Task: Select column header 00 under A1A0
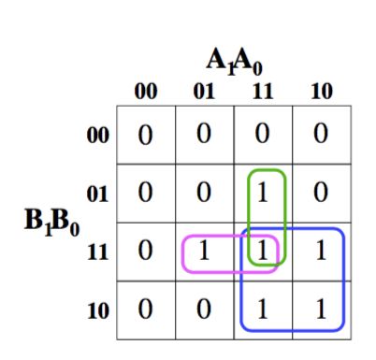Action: point(145,92)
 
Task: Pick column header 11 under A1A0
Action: point(263,92)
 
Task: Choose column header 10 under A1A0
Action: point(321,92)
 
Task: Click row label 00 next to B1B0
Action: point(97,136)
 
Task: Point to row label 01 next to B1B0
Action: point(97,194)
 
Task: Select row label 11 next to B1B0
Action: point(97,252)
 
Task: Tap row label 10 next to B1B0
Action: point(97,310)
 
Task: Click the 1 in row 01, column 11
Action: point(264,194)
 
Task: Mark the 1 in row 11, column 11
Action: point(264,252)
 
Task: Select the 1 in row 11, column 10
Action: point(322,252)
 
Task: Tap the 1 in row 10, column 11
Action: point(264,310)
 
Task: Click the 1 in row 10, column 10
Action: point(322,310)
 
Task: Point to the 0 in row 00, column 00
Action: point(145,137)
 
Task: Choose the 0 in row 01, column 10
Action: point(322,194)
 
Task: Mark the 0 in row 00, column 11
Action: point(264,137)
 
